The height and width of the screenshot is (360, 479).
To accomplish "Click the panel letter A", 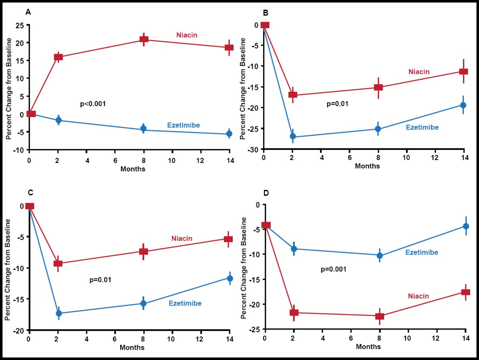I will (x=28, y=12).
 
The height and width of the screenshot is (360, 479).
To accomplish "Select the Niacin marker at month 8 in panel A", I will (x=144, y=39).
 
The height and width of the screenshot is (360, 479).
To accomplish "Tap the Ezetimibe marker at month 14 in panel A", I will (x=229, y=133).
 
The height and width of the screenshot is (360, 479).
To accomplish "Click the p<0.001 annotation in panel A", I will (x=93, y=104).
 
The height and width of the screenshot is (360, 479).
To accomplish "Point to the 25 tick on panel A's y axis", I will (x=19, y=25).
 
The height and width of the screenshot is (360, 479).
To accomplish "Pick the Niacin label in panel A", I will (x=187, y=35).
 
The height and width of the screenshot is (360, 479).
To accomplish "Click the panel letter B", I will (x=266, y=13).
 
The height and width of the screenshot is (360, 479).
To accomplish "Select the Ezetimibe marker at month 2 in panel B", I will (x=293, y=136).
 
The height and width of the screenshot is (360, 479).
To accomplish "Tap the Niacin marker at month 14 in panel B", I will (x=463, y=71).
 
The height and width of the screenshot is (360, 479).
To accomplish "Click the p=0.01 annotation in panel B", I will (x=338, y=104).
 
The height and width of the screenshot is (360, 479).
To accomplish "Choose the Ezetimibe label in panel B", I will (x=422, y=127).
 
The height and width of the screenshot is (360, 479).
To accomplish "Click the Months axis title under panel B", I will (x=367, y=166).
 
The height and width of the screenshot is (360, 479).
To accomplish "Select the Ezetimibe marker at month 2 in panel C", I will (x=59, y=313).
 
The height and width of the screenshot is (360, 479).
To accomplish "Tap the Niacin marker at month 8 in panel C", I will (x=144, y=251).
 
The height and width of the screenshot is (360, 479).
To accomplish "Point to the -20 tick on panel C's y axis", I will (x=19, y=330).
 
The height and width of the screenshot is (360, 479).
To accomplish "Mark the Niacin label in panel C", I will (x=182, y=239).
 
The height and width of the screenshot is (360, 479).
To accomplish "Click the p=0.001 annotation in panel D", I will (x=333, y=269).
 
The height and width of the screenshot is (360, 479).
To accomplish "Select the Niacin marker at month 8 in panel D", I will (x=379, y=316).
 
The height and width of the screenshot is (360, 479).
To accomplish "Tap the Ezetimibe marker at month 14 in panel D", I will (x=466, y=226).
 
